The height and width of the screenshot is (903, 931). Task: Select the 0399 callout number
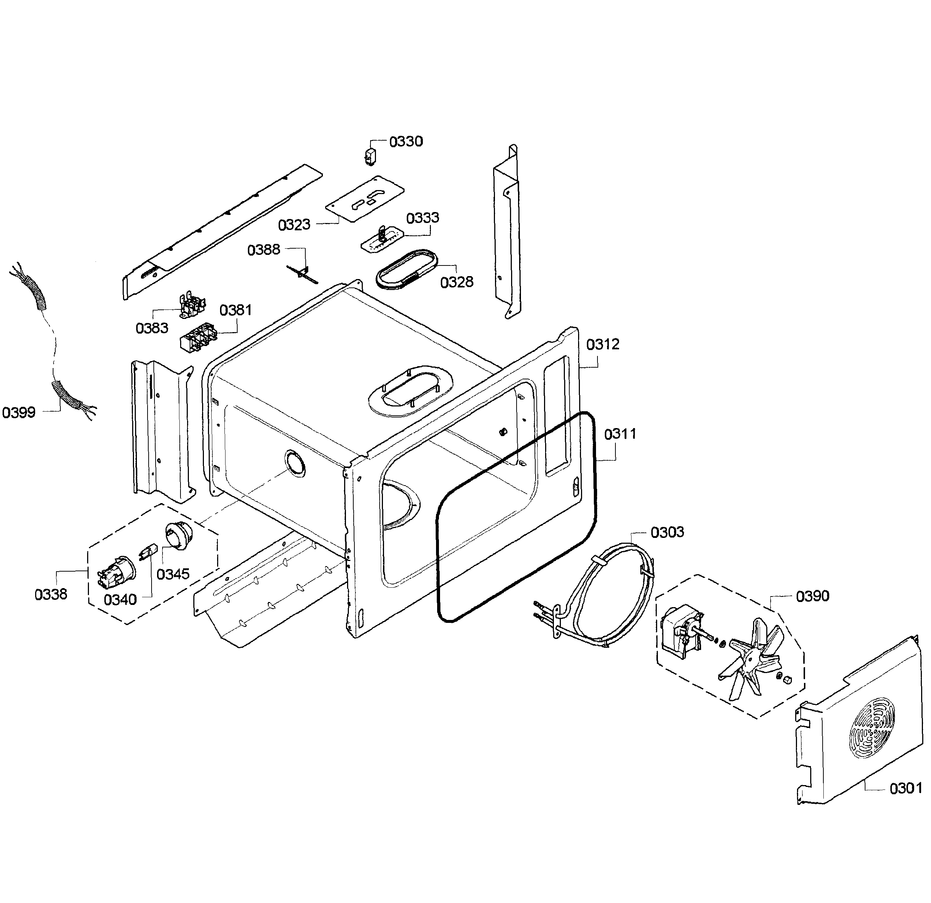pos(19,412)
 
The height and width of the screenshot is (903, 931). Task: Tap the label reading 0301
pos(905,788)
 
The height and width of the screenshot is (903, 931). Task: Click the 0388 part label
pos(264,249)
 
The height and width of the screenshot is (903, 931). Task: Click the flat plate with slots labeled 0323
pos(365,198)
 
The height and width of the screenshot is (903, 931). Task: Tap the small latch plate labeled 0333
pos(382,238)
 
